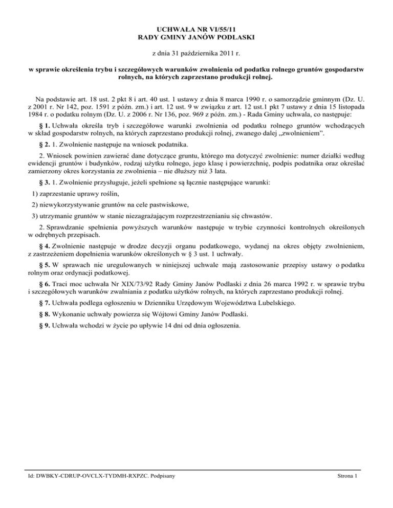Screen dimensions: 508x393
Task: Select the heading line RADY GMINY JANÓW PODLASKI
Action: [x=196, y=38]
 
